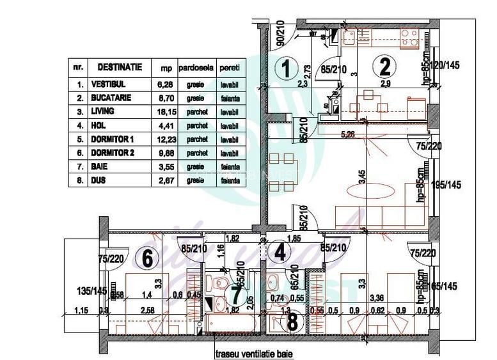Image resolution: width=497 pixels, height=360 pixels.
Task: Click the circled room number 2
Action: [384, 66]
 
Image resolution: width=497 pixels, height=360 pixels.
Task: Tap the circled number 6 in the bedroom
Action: [147, 259]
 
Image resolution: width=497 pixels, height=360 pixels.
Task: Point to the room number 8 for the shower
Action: [292, 322]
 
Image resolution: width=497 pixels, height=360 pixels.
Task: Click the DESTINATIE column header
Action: [120, 67]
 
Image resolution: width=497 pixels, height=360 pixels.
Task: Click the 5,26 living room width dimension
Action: [349, 134]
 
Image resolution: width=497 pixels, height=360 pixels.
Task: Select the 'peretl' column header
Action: [228, 67]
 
